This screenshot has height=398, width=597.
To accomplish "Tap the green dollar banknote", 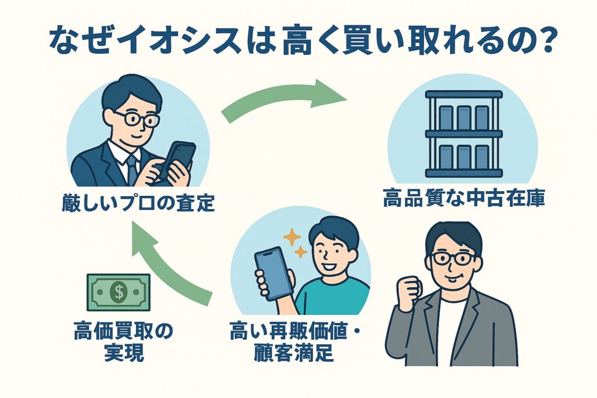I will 119,293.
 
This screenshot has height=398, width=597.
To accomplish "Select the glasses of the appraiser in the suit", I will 136,118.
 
